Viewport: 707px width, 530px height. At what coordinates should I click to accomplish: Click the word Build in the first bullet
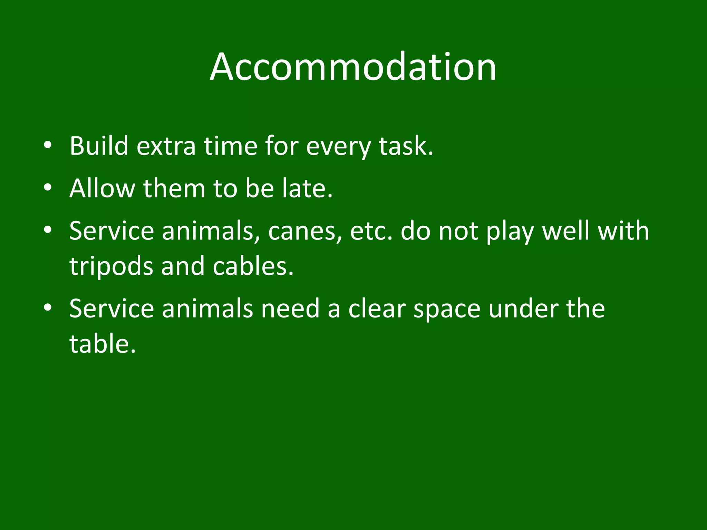[99, 146]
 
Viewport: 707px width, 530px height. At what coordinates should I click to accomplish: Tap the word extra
[166, 146]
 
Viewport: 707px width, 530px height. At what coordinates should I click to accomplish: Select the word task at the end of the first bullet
[406, 146]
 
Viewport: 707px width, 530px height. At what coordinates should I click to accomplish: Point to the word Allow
[102, 188]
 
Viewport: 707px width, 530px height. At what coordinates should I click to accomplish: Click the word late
[307, 188]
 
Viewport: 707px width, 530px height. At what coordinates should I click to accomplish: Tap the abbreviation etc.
[371, 231]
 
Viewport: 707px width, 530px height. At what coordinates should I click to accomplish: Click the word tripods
[111, 267]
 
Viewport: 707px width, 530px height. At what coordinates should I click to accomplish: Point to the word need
[290, 308]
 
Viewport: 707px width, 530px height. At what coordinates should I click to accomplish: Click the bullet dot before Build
[48, 145]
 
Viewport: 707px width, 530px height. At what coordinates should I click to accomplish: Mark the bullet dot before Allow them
[48, 188]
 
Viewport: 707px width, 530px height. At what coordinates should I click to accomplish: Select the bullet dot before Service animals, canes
[48, 230]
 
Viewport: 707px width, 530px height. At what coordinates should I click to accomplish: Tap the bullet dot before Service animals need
[48, 307]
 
